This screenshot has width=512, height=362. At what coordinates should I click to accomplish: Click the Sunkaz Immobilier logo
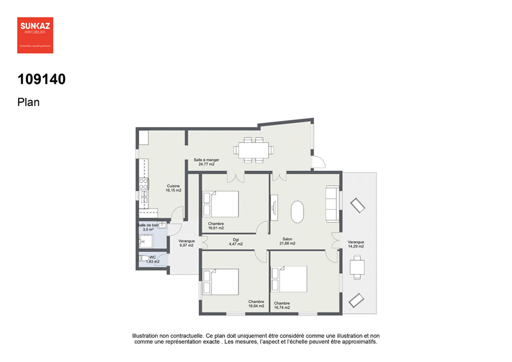(x=35, y=35)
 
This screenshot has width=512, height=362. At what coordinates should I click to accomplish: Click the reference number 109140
(x=42, y=79)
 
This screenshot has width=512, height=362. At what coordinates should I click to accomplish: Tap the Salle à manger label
(x=206, y=162)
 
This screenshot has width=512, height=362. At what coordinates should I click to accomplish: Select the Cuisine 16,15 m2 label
(x=173, y=188)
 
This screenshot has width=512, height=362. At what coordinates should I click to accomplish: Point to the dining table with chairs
(x=254, y=150)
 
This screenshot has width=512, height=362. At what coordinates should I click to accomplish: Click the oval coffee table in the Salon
(x=297, y=212)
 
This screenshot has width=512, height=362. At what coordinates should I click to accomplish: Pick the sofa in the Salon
(x=332, y=204)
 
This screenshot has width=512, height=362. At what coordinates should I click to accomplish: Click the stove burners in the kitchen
(x=143, y=184)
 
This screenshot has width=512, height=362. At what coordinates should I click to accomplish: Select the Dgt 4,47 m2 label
(x=236, y=242)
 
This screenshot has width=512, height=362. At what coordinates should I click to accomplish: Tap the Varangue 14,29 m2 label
(x=356, y=244)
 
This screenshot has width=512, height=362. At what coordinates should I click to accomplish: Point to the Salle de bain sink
(x=162, y=225)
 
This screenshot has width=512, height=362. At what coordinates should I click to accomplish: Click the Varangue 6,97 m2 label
(x=186, y=243)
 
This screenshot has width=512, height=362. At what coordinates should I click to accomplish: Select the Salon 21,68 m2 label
(x=287, y=241)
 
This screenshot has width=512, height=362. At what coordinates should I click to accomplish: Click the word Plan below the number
(x=28, y=102)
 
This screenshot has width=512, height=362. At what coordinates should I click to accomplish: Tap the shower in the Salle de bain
(x=146, y=242)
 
